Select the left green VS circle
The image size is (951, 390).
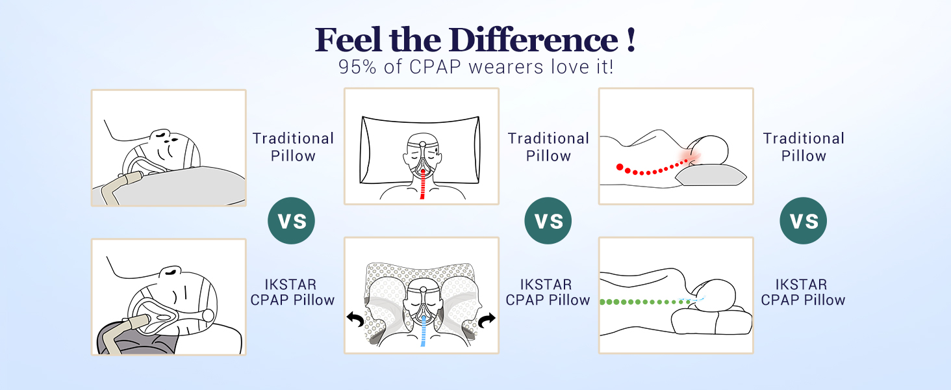click(292, 221)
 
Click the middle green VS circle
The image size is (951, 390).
click(548, 221)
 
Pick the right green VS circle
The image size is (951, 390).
click(804, 221)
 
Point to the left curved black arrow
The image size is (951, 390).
click(355, 318)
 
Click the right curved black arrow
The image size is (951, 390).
click(487, 318)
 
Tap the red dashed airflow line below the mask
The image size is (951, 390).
click(423, 186)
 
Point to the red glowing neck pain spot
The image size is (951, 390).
click(690, 157)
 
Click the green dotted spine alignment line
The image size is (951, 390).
click(640, 302)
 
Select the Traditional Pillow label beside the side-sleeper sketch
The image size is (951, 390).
click(293, 147)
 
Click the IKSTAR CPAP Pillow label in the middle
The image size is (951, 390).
click(548, 292)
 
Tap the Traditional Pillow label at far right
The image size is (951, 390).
click(804, 147)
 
